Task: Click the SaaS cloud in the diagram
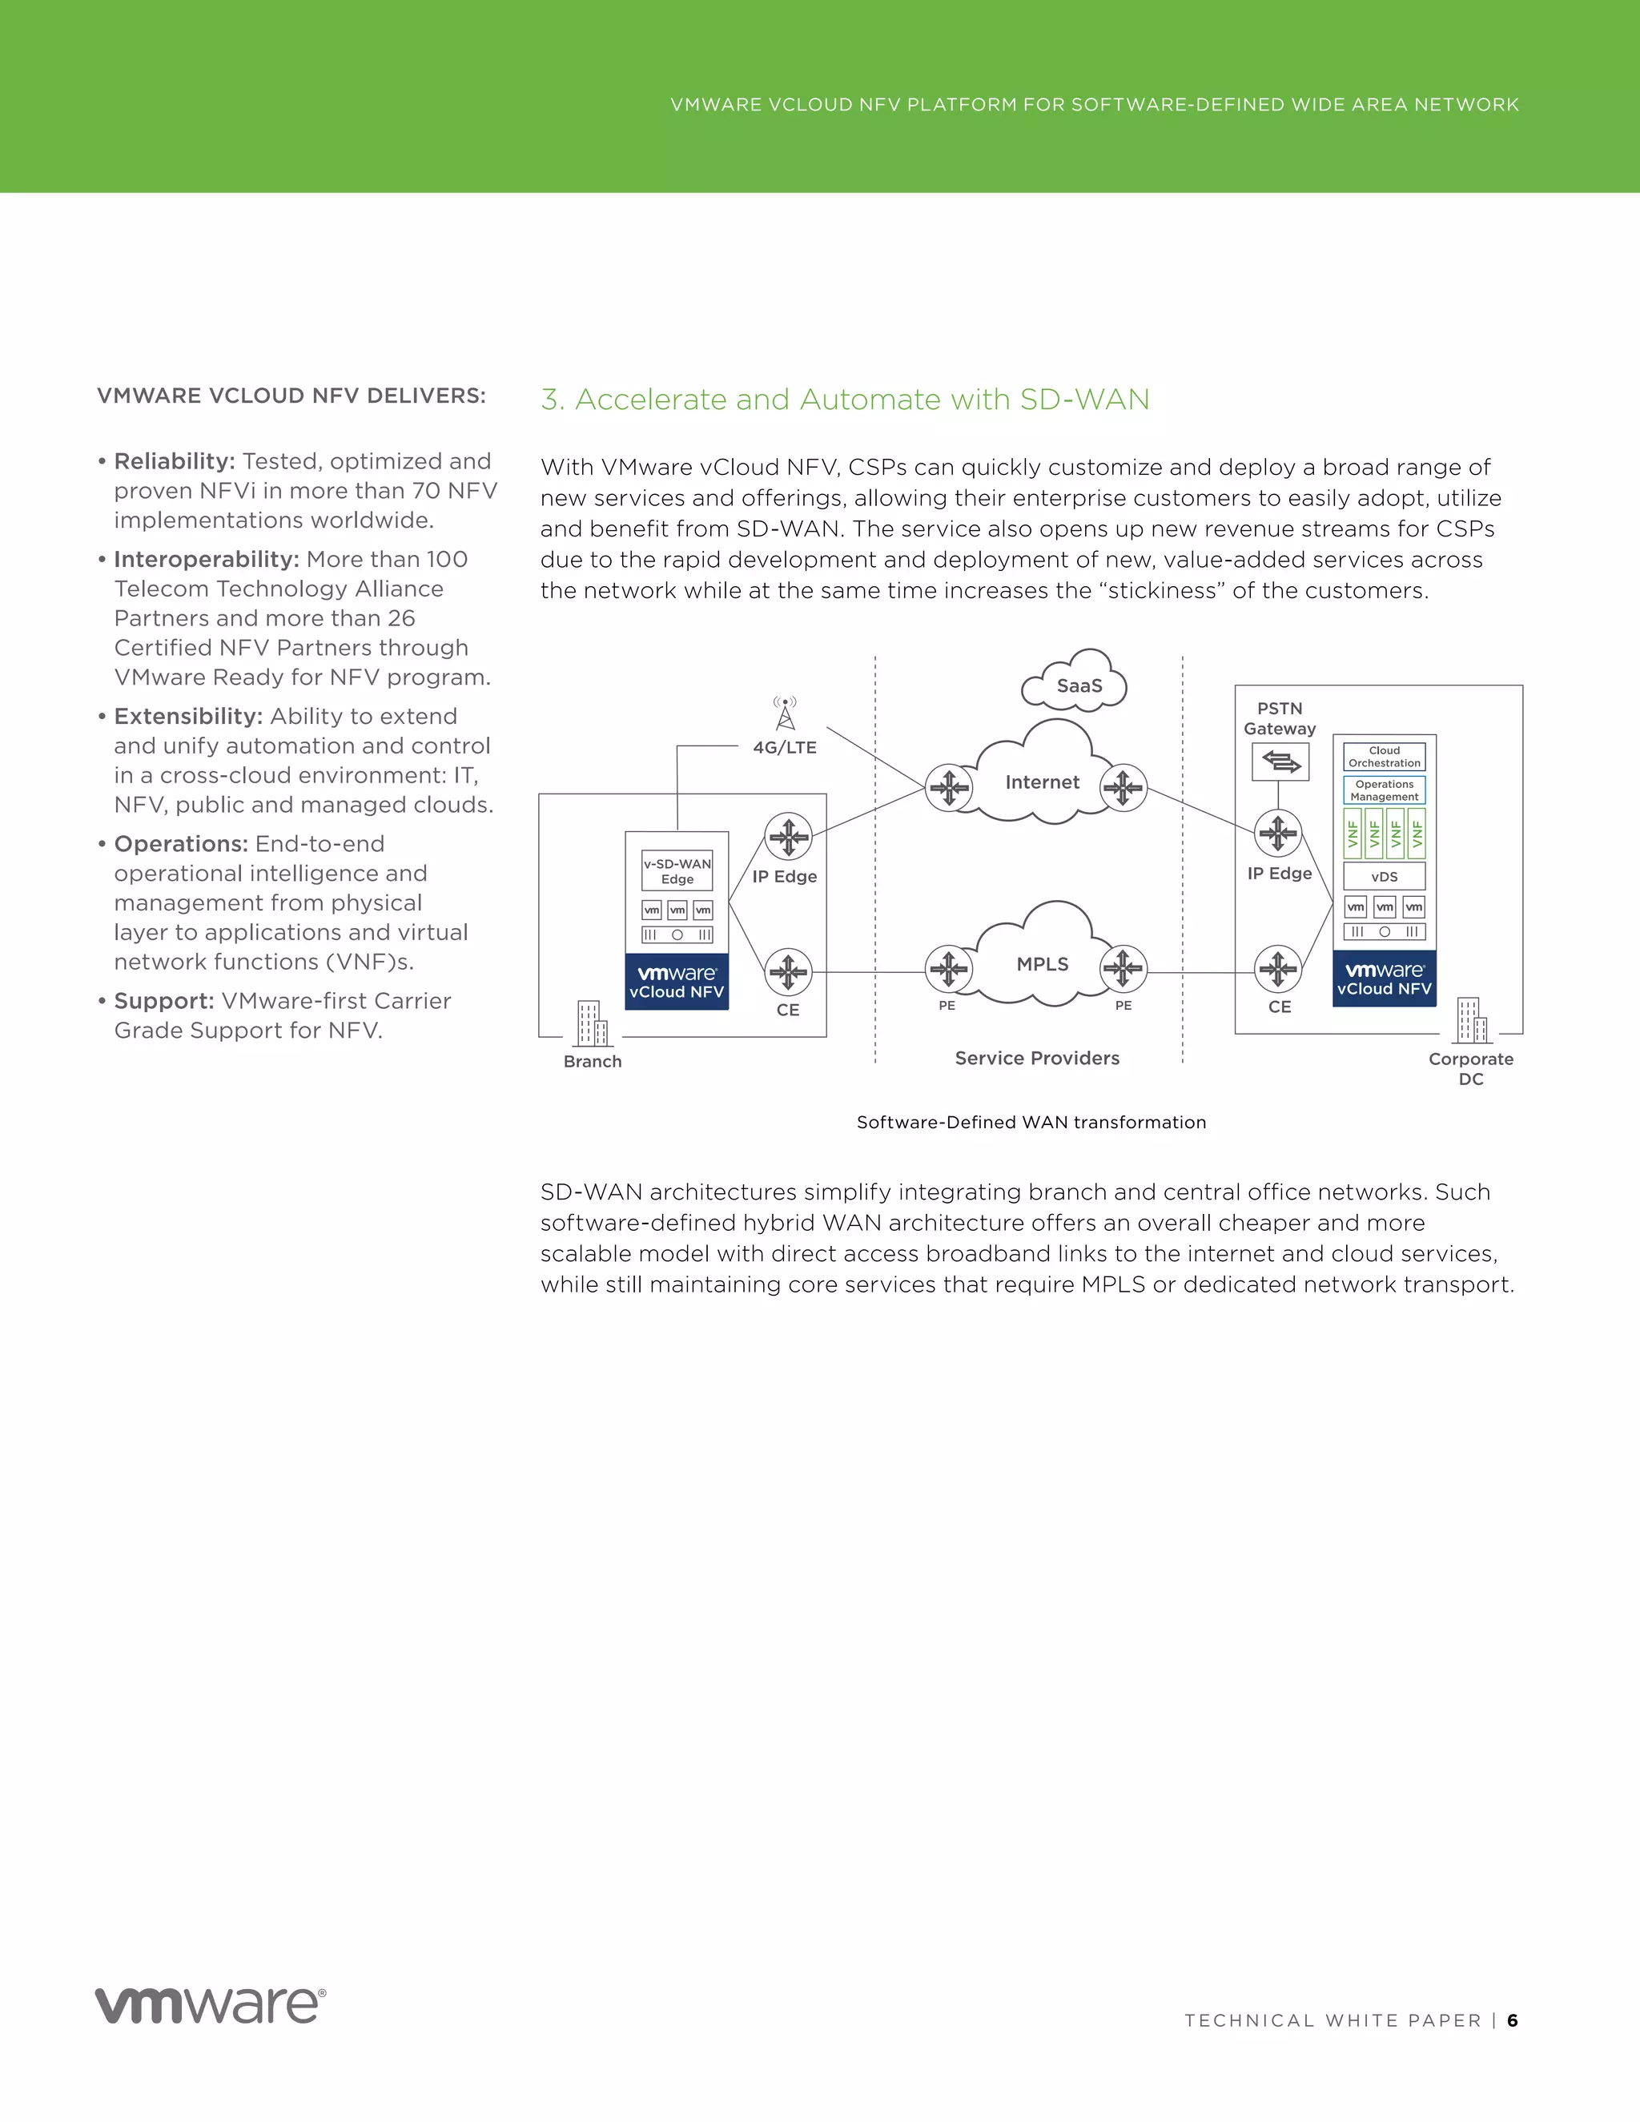(1076, 684)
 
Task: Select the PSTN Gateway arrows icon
(1280, 762)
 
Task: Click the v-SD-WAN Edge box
(677, 870)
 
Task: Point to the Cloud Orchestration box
(1384, 756)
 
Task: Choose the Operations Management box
(1384, 790)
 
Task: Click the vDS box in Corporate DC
(1384, 876)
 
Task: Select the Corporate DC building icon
(1471, 1020)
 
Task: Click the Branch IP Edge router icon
(788, 835)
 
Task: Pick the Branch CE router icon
(788, 971)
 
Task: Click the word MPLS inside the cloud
(1043, 964)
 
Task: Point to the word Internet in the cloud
(1042, 782)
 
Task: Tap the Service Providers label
(1037, 1058)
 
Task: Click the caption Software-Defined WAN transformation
(1031, 1122)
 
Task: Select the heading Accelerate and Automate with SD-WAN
(846, 400)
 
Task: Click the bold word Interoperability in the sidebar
(206, 560)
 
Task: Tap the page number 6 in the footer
(1512, 2020)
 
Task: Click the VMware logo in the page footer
(210, 2007)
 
